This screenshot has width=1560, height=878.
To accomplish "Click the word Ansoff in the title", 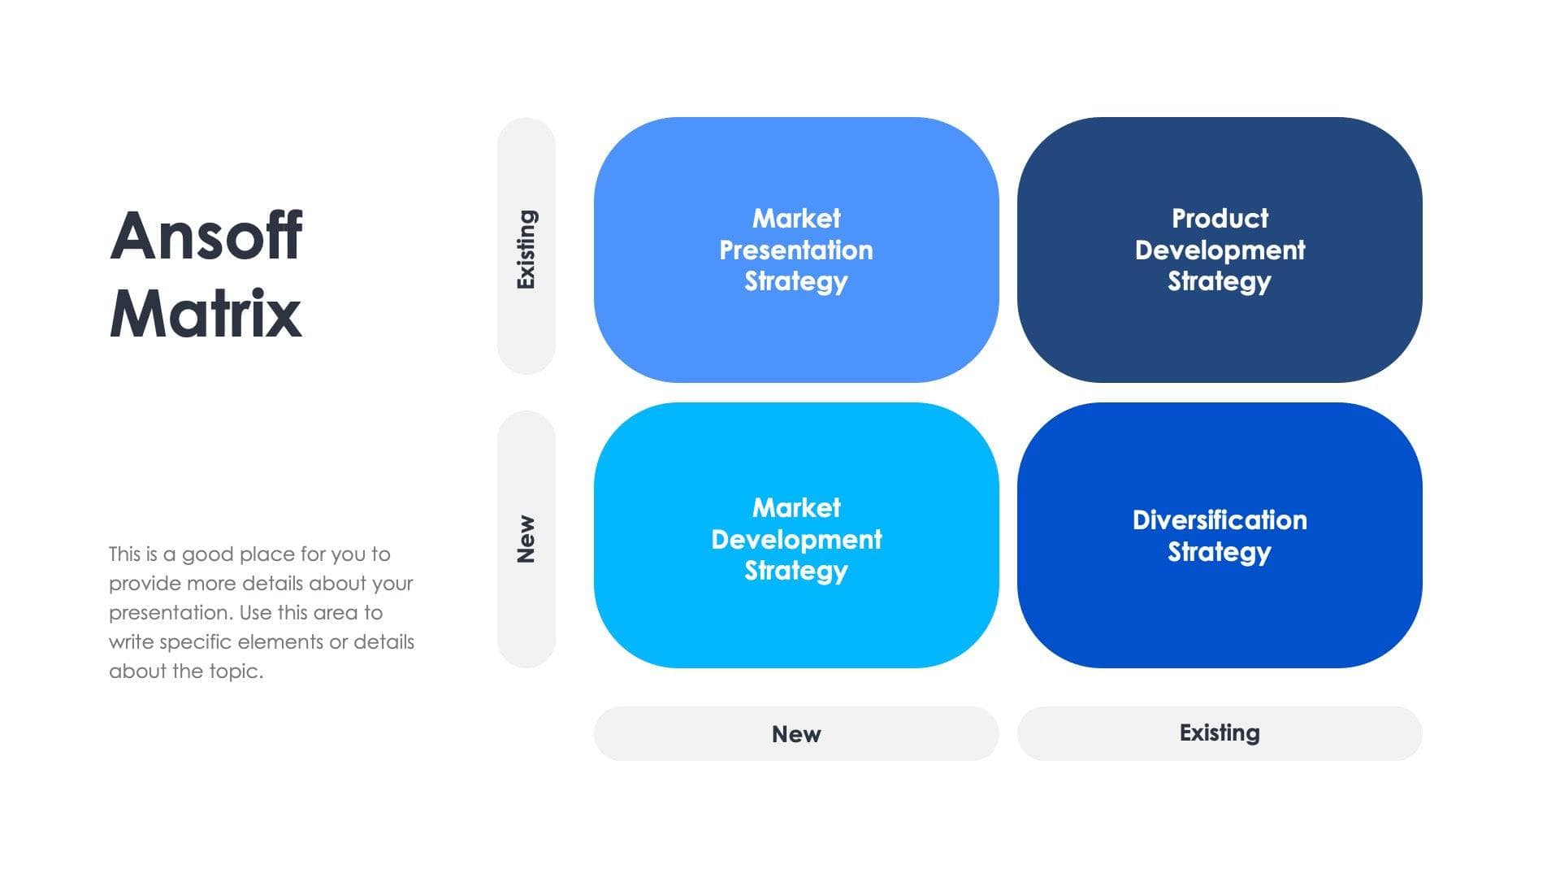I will [x=206, y=236].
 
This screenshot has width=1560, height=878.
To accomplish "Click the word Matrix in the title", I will [x=206, y=314].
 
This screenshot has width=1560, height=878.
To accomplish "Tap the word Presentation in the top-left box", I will [x=796, y=250].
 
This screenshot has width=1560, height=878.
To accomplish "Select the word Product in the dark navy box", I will [x=1220, y=219].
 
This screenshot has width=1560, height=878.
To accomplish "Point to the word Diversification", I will [x=1220, y=520].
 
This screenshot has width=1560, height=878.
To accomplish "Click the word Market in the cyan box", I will [x=796, y=508].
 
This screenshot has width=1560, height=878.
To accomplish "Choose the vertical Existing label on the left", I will [x=526, y=250].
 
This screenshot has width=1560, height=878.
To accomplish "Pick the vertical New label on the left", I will [x=526, y=539].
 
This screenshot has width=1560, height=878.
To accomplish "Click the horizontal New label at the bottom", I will [x=796, y=734].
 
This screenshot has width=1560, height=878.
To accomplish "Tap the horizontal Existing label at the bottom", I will [x=1220, y=733].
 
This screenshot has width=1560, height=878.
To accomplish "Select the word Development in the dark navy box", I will [x=1220, y=250].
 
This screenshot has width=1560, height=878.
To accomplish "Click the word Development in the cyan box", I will [x=796, y=540].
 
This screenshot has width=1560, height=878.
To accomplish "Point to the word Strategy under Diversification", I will [x=1219, y=553].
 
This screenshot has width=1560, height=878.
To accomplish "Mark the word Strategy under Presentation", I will [x=796, y=282].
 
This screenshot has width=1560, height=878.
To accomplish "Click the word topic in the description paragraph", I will [x=234, y=672].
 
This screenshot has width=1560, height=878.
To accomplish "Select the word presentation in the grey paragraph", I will [x=170, y=613].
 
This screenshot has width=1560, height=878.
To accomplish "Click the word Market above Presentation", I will [x=796, y=219].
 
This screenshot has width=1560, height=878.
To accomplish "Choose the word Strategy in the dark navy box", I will [x=1219, y=282].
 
